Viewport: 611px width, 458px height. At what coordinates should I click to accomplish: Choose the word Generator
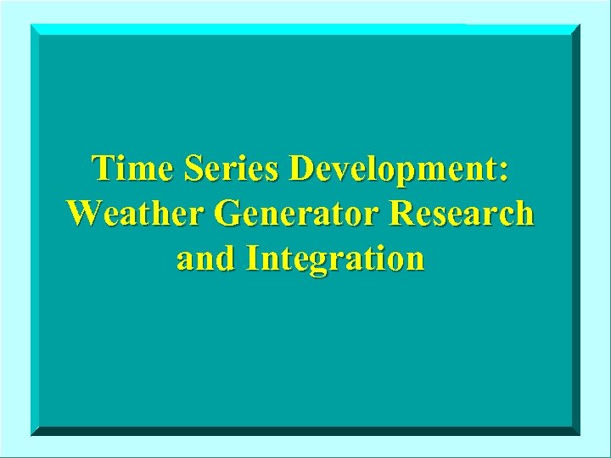click(301, 214)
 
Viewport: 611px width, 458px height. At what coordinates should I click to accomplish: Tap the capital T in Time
click(104, 168)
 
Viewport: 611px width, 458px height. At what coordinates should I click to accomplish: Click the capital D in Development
click(301, 169)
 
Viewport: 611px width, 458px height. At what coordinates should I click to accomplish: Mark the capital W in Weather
click(84, 213)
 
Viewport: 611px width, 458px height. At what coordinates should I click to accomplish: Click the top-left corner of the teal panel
click(31, 25)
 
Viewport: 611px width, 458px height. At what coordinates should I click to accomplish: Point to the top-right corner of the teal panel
click(580, 25)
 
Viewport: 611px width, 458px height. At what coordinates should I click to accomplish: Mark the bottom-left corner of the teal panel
click(31, 434)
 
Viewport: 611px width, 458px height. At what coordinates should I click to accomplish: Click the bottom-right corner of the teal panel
click(580, 434)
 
